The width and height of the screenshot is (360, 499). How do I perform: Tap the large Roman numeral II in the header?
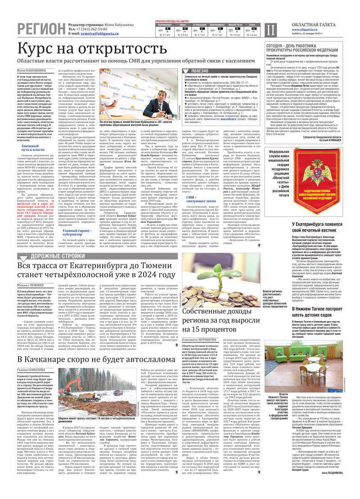[269, 30]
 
